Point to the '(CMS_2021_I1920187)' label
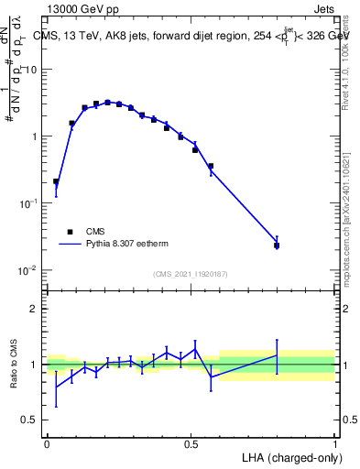tap(190, 274)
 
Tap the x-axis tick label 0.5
tap(191, 442)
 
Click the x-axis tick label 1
tap(334, 442)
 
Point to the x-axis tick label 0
tap(47, 442)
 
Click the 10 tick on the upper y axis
tap(31, 70)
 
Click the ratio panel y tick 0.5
tap(31, 420)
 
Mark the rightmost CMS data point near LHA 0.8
tap(277, 245)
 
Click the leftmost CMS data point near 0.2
tap(56, 181)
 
